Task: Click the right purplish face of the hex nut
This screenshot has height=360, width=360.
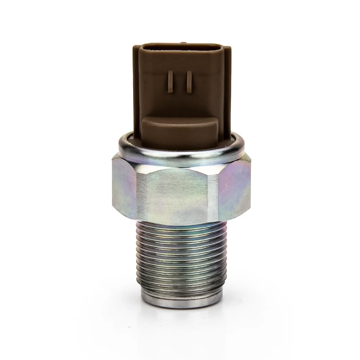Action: click(234, 189)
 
